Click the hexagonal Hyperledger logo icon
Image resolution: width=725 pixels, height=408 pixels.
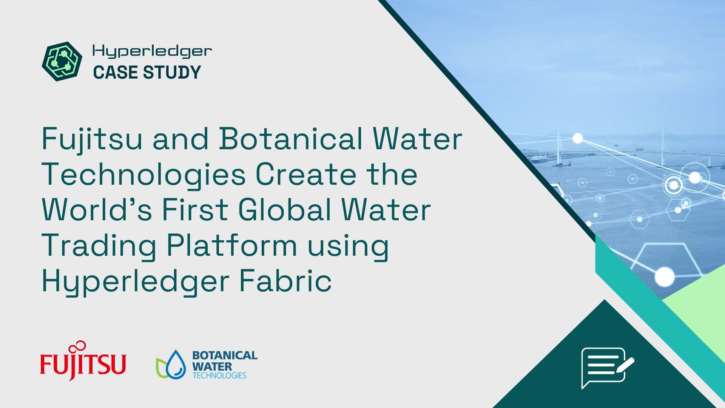(62, 61)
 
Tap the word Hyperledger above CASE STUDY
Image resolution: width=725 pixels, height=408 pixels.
(152, 51)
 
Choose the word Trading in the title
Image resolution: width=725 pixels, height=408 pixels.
(99, 246)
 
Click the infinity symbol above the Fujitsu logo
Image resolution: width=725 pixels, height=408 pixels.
(80, 345)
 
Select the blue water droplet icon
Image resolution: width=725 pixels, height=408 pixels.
(176, 364)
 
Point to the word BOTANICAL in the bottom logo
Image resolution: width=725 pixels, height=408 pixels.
(225, 355)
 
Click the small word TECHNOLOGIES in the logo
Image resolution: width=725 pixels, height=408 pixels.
(219, 376)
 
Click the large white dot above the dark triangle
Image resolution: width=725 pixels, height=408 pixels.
(664, 277)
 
